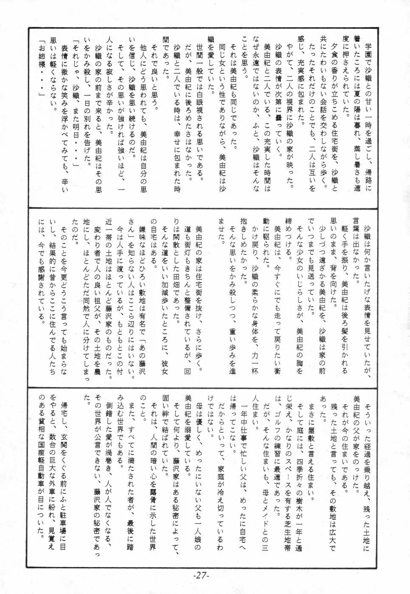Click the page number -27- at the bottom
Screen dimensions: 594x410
point(205,576)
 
